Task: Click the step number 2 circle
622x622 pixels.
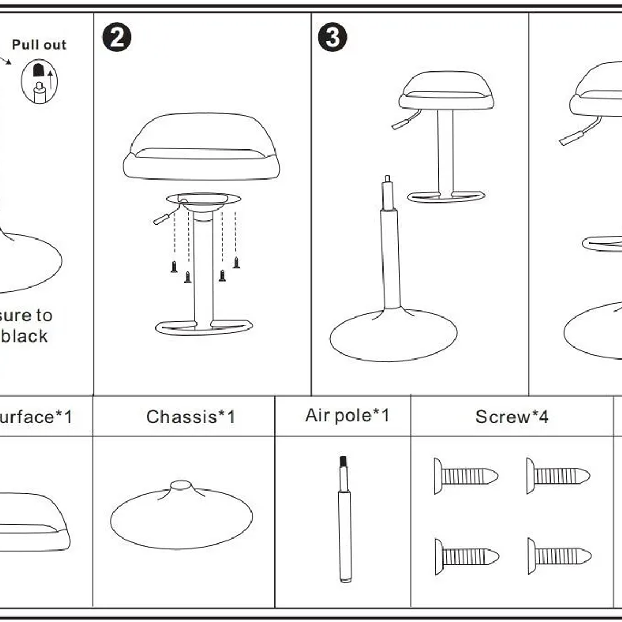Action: coord(117,38)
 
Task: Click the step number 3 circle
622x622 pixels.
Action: coord(332,38)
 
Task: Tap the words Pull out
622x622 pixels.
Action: coord(39,45)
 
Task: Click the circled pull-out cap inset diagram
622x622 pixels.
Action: coord(39,81)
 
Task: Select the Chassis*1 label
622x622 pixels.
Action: coord(190,417)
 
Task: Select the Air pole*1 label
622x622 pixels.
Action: coord(348,416)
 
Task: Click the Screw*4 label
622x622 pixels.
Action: coord(512,417)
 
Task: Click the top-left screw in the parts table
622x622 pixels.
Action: coord(465,476)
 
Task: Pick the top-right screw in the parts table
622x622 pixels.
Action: coord(558,476)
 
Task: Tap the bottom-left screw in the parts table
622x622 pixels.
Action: coord(466,557)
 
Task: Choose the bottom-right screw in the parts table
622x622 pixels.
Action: coord(559,556)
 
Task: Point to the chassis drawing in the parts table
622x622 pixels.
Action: coord(181,516)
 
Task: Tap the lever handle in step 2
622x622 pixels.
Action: coord(164,217)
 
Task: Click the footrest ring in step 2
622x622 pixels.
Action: coord(204,327)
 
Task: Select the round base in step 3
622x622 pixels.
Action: coord(393,334)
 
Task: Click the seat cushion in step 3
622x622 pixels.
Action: coord(446,91)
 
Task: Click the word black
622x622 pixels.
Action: coord(25,336)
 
